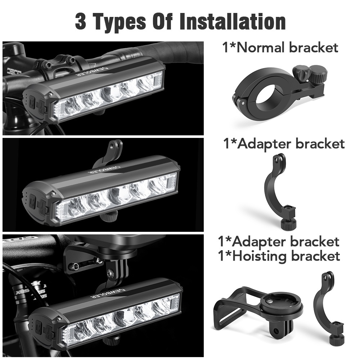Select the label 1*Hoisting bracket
click(279, 256)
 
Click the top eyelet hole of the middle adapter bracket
click(279, 158)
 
